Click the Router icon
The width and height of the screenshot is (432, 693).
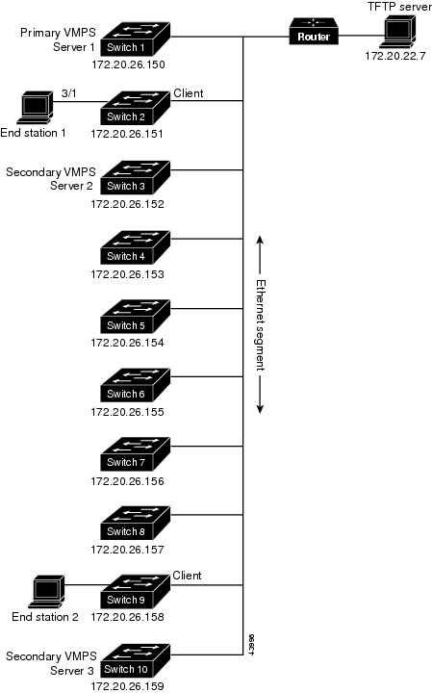coord(314,31)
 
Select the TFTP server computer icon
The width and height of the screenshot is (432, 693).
coord(398,32)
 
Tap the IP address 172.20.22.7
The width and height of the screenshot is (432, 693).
coord(394,56)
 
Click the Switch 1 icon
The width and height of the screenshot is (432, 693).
coord(135,38)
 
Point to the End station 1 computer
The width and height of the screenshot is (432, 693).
coord(35,108)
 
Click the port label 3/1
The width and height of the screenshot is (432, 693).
coord(68,93)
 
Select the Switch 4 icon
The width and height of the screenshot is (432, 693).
coord(135,247)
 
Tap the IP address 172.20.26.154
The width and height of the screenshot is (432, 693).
coord(127,343)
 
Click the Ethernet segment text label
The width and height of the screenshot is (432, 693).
coord(261,325)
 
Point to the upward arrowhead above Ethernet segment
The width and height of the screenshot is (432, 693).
coord(260,240)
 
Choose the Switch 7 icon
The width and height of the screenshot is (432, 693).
coord(135,454)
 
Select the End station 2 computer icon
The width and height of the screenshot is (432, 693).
coord(46,592)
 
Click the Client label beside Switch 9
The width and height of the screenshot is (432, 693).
coord(187,576)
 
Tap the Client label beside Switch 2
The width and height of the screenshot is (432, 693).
coord(189,93)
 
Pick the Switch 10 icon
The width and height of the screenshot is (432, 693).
coord(135,660)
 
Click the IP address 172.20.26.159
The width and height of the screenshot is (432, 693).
coord(127,686)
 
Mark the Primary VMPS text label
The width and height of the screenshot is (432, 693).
coord(58,33)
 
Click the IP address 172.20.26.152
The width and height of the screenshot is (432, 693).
coord(127,204)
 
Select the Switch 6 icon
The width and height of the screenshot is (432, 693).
coord(135,385)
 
